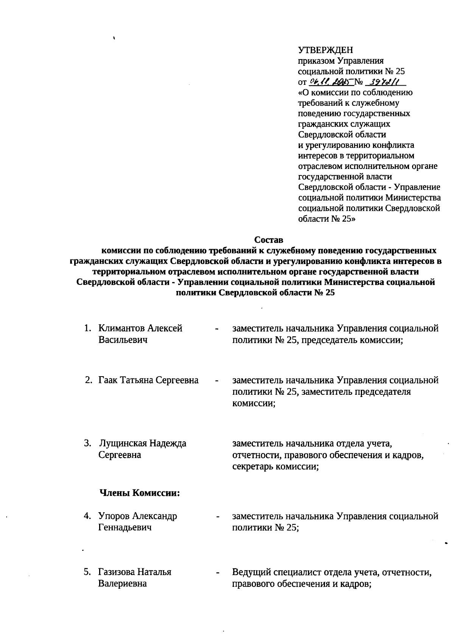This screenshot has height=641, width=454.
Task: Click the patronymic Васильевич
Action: pos(123,340)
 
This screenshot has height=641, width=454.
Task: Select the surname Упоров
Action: pos(113,516)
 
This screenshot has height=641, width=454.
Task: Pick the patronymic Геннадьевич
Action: pos(125,527)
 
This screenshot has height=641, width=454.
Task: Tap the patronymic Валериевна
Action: pos(122,583)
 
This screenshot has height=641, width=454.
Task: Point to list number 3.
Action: pos(87,443)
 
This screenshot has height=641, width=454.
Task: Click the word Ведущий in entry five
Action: pos(250,572)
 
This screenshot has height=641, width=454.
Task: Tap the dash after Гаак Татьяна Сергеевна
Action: pos(216,380)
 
